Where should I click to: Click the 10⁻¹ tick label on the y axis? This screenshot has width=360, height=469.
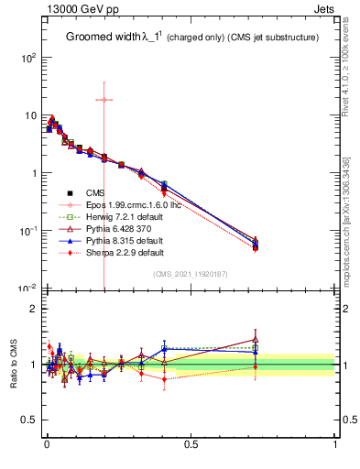click(25, 231)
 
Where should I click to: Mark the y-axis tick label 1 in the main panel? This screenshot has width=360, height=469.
click(33, 173)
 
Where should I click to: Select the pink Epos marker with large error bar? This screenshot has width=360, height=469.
click(104, 99)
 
